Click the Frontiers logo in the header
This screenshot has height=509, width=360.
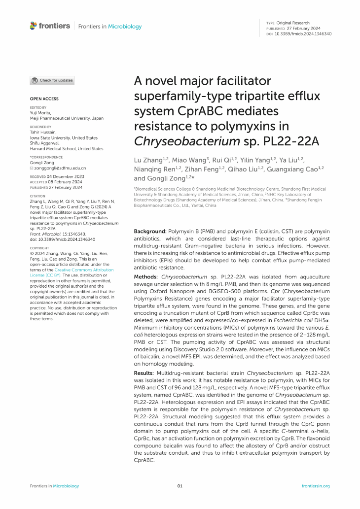50,26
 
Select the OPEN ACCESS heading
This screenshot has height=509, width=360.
44,99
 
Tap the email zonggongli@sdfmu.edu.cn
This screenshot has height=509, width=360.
60,168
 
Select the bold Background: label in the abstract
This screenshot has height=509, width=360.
151,231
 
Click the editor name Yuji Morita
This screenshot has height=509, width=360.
43,113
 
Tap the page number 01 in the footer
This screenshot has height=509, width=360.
180,486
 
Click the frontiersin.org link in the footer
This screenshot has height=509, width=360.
315,486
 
